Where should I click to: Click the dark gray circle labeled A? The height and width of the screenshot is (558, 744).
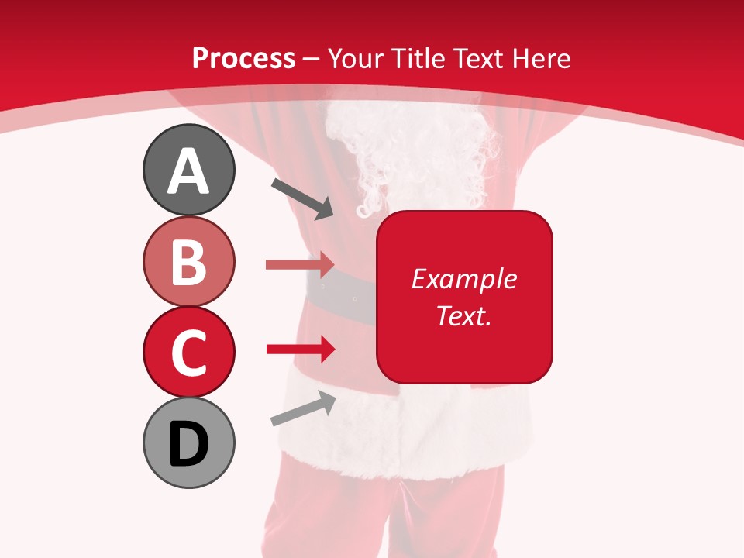(x=188, y=170)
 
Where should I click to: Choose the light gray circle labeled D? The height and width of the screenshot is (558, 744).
(x=188, y=443)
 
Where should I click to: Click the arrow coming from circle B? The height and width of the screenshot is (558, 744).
(x=300, y=264)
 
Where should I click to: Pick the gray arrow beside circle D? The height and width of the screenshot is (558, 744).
(x=303, y=408)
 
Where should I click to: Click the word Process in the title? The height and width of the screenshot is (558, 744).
(x=243, y=59)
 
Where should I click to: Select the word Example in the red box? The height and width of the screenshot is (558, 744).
(x=463, y=279)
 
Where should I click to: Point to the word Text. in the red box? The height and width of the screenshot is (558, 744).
(x=463, y=315)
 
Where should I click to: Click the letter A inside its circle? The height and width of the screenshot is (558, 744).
(x=188, y=171)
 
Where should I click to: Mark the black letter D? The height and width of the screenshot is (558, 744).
(x=188, y=444)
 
